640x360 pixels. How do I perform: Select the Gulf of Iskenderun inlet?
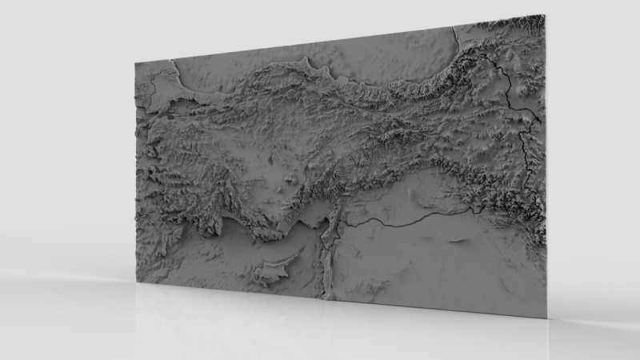pos(327,214)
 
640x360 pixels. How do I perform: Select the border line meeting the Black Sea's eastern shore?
pos(457,36)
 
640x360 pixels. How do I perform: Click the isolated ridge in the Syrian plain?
pos(460,238)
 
